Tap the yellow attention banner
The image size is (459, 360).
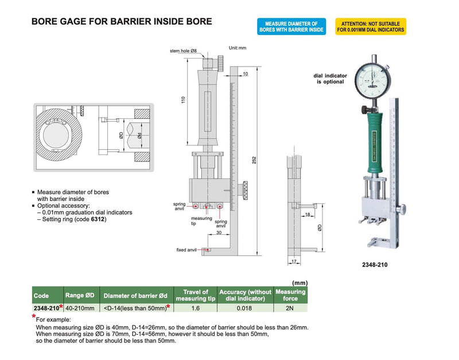[x=371, y=26]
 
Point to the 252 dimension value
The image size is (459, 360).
[x=254, y=161]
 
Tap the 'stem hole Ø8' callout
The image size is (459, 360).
[x=183, y=51]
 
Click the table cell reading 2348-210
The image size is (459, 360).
[x=48, y=308]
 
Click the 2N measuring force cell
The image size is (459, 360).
[x=291, y=308]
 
